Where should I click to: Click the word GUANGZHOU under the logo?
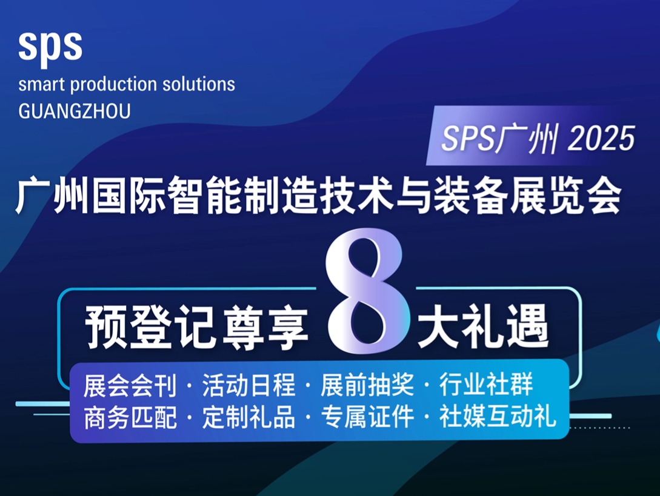point(75,111)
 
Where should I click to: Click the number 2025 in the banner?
point(601,140)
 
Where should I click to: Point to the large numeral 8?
point(364,294)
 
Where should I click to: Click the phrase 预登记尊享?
point(198,327)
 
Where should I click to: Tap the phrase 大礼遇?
point(483,327)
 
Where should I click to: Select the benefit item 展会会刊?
point(130,385)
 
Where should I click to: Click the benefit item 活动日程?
point(249,385)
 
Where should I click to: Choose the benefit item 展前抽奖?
point(367,385)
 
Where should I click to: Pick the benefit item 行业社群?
point(486,385)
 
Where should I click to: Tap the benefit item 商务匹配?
point(130,417)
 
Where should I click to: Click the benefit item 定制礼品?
point(249,417)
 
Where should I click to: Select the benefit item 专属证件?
point(367,417)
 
